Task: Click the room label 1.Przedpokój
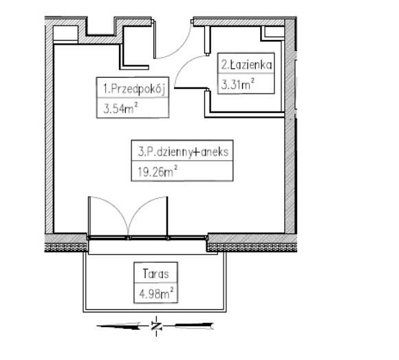(x=134, y=89)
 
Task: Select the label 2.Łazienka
(x=246, y=65)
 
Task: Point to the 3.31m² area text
(x=237, y=84)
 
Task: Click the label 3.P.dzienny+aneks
(x=183, y=152)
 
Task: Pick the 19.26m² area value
(x=158, y=171)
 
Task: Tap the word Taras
(x=155, y=274)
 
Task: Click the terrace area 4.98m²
(x=156, y=293)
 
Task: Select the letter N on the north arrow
(x=156, y=326)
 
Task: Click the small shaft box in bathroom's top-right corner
(x=273, y=33)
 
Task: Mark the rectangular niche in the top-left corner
(x=65, y=33)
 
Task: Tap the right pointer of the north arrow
(x=194, y=326)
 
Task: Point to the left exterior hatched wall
(x=49, y=127)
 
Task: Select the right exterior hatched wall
(x=290, y=127)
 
